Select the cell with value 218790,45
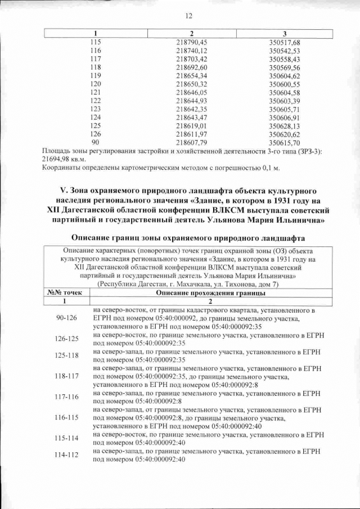tap(192, 42)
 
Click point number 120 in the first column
tap(96, 84)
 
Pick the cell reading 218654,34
tap(192, 75)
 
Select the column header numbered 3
tap(285, 34)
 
